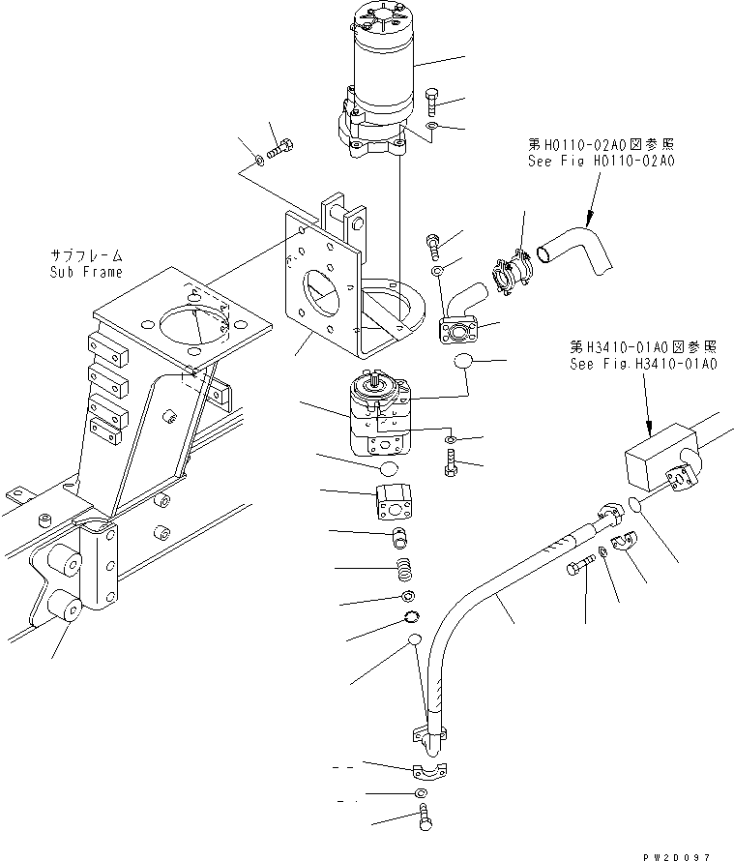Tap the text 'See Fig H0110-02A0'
click(600, 161)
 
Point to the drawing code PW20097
click(683, 845)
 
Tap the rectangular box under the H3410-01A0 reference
click(658, 466)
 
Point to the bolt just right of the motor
click(431, 100)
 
